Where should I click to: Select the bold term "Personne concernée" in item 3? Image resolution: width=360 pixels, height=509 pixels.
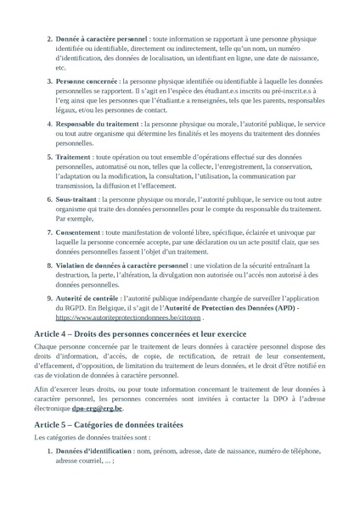tap(87, 81)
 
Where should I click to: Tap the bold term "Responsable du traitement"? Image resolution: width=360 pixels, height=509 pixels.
tap(98, 124)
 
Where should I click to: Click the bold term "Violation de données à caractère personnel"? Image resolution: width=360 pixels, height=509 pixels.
tap(122, 266)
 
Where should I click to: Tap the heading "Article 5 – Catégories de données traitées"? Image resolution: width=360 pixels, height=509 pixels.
tap(108, 422)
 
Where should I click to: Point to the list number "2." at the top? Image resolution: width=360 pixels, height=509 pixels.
tap(48, 38)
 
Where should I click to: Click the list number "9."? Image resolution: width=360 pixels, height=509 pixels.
tap(48, 299)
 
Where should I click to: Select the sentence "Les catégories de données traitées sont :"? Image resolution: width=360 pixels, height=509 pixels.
tap(91, 437)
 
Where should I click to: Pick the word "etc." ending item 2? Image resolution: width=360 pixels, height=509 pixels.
tap(61, 67)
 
